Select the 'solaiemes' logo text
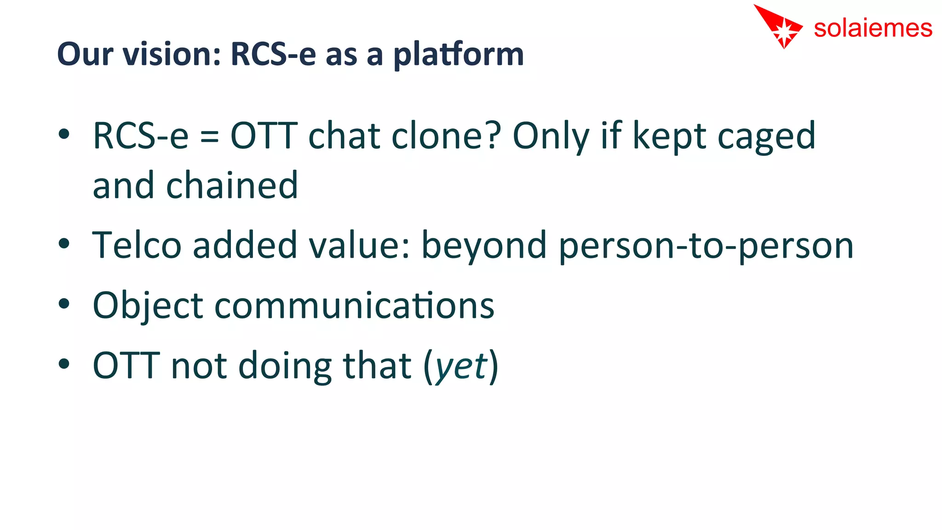(x=873, y=29)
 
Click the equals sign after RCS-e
(x=209, y=137)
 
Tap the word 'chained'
(x=232, y=185)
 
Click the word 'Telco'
(x=137, y=245)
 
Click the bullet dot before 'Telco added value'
(x=64, y=243)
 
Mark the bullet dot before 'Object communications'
(x=64, y=304)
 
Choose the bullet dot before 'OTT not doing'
(x=64, y=363)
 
